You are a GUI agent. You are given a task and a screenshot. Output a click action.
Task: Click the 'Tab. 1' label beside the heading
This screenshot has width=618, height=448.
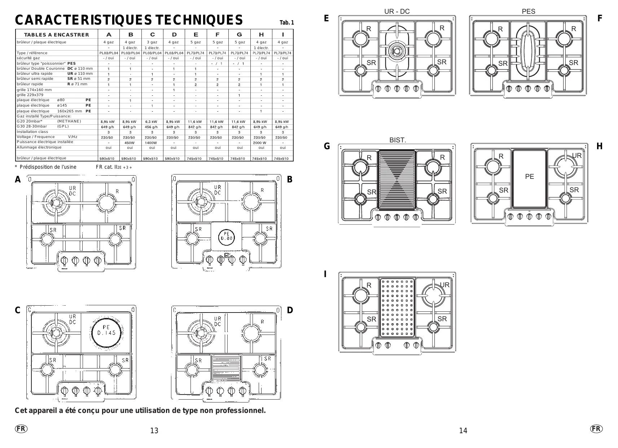coord(287,23)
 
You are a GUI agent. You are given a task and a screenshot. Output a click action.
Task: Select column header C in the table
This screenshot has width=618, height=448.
coord(152,35)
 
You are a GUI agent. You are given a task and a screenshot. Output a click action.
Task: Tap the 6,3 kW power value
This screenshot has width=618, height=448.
coord(151,122)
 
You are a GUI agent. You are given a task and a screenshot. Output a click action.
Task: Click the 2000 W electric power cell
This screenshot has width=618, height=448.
coord(259,143)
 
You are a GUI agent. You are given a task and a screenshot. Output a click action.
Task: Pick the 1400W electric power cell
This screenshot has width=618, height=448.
coord(151,143)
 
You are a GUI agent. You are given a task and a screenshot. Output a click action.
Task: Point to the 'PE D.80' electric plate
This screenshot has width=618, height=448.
coord(227,236)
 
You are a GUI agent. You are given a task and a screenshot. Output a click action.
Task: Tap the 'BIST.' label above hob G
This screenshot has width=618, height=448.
coord(398,140)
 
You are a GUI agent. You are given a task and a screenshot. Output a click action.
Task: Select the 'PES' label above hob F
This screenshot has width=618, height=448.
coord(529,12)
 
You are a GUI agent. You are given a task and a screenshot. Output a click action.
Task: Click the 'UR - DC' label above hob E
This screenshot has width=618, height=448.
coord(397,12)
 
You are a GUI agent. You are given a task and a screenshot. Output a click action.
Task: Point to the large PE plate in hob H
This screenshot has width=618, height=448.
coord(529,179)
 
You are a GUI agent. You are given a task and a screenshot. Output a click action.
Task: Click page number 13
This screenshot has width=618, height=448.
coord(154,431)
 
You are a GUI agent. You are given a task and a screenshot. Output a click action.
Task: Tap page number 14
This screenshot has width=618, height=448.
coord(463,431)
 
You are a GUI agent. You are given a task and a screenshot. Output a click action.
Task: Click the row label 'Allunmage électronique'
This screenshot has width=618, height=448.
coord(39,147)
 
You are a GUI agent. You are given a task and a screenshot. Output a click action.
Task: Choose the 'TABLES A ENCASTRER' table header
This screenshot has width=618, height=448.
coord(56,35)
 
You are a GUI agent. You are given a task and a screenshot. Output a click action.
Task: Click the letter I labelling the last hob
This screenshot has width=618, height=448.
coord(325,274)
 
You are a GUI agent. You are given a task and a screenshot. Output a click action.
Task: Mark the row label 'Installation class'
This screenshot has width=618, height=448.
coord(32,132)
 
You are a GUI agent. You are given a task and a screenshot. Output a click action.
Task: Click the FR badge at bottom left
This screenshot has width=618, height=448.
coord(21,428)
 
